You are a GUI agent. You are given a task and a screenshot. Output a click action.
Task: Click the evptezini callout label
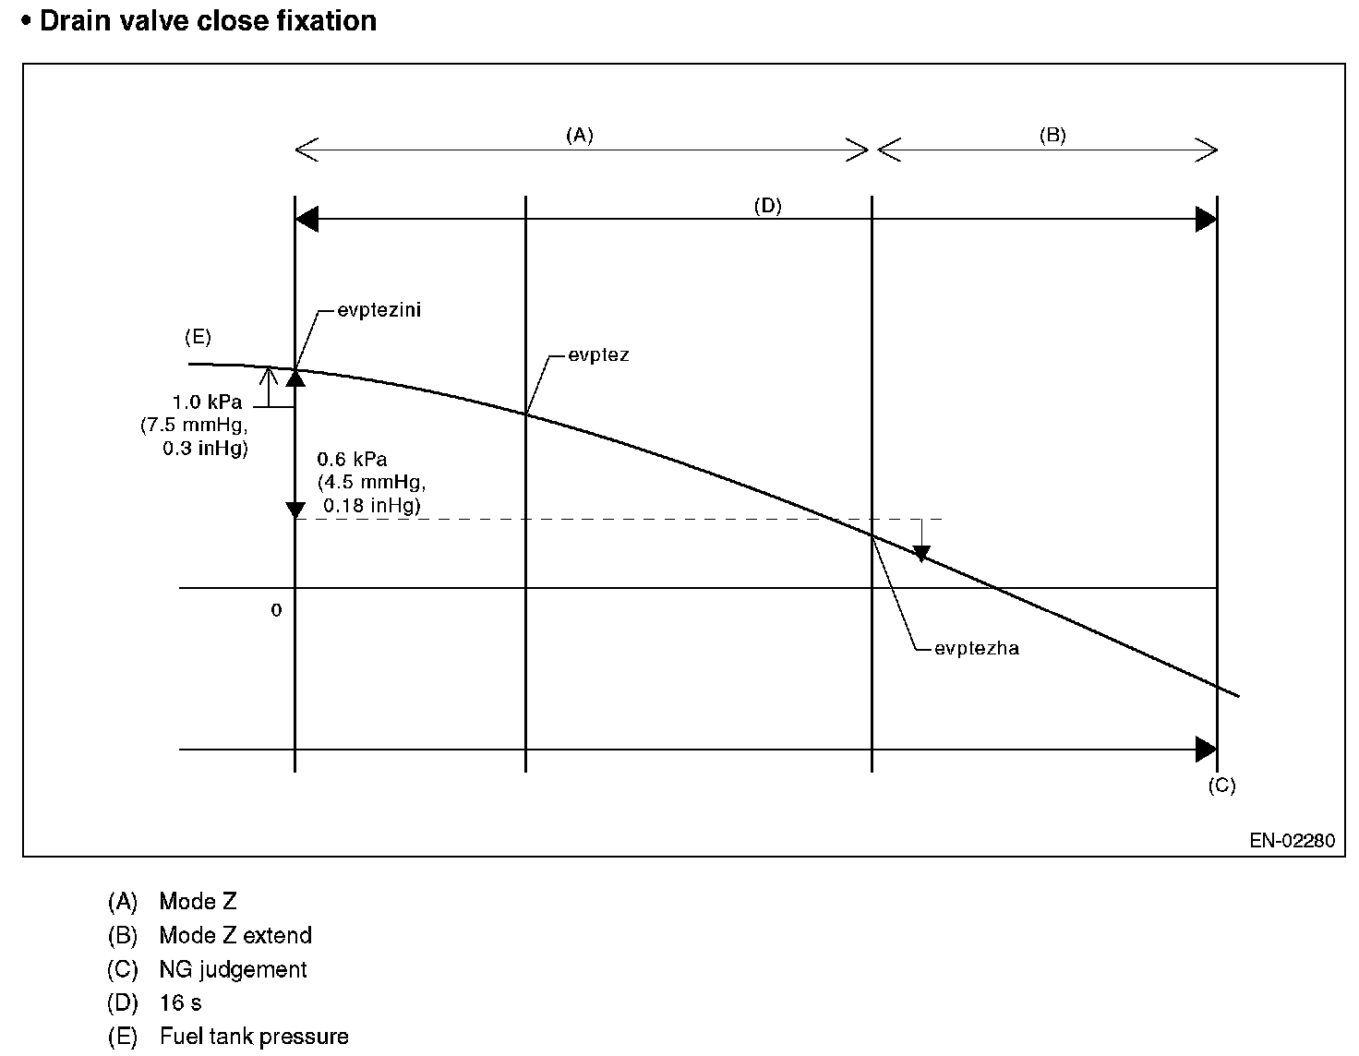pos(379,310)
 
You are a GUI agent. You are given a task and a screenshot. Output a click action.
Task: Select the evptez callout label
pos(598,354)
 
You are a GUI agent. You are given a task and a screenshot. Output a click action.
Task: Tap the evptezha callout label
pos(976,648)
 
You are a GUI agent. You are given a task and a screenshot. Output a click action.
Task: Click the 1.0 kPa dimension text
pos(207,403)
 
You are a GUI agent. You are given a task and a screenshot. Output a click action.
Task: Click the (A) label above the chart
pos(579,136)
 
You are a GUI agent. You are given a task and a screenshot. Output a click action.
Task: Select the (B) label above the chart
pos(1052,136)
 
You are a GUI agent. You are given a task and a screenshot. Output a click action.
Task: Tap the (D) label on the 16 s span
pos(767,207)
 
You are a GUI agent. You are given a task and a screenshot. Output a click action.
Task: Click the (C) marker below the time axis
pos(1221,786)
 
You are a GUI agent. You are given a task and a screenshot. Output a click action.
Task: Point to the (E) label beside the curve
pos(198,338)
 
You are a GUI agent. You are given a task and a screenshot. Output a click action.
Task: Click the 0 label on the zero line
pos(276,610)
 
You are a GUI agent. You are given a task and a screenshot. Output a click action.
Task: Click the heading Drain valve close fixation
pos(208,20)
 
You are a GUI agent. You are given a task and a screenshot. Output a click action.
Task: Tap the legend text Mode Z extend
pos(235,935)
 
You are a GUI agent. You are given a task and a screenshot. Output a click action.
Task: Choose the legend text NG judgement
pos(233,969)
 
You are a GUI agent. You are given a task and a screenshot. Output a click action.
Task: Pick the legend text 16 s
pos(180,1002)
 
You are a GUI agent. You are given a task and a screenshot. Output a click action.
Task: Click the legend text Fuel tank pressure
pos(254,1037)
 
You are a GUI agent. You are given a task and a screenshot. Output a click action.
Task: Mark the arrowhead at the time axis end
pos(1206,750)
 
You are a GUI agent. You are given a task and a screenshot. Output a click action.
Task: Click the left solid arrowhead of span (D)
pos(307,220)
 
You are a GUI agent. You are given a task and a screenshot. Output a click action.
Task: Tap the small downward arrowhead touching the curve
pos(920,554)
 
